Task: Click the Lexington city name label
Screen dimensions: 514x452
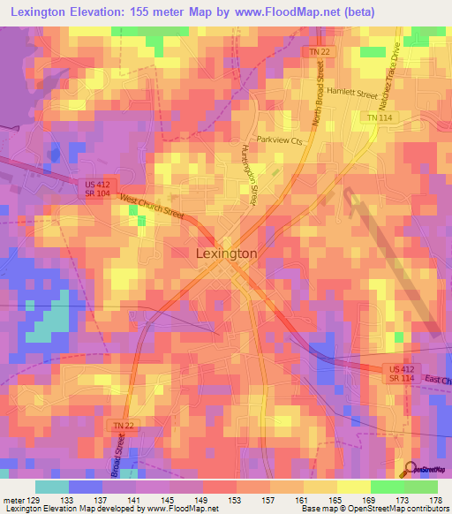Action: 225,253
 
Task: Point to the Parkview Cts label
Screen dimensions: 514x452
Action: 280,140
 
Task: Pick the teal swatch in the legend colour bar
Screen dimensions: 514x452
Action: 51,487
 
